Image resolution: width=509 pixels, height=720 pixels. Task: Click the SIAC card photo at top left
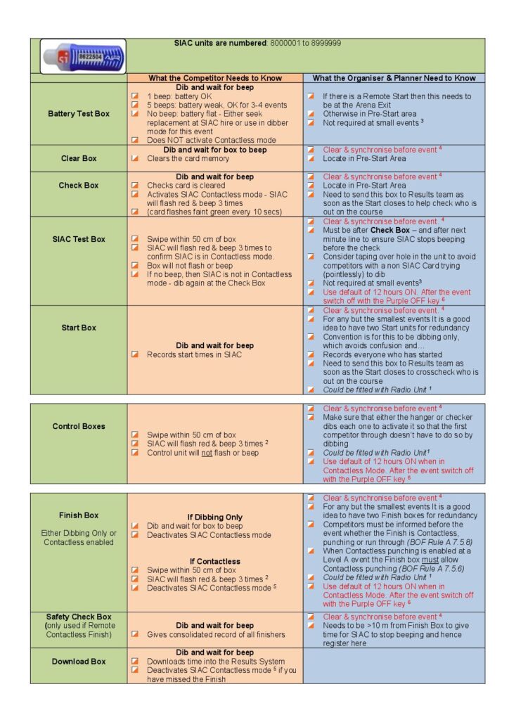pos(83,56)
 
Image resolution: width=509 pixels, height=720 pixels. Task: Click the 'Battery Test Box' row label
pos(79,113)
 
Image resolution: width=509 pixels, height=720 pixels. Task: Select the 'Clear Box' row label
pos(79,158)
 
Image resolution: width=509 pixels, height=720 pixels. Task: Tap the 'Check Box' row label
pos(79,186)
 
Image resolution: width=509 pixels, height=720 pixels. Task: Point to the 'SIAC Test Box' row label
pos(79,239)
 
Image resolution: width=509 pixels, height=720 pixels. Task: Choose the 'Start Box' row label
pos(79,328)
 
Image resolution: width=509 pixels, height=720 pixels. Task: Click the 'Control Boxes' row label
pos(79,426)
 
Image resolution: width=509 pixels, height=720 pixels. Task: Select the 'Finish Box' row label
pos(79,515)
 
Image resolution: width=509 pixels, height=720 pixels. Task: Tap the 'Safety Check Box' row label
pos(79,617)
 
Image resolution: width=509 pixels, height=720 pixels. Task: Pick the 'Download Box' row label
pos(79,662)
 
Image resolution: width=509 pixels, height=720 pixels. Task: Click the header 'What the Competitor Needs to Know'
pos(214,78)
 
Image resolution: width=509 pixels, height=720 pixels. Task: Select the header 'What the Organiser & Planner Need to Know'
pos(394,78)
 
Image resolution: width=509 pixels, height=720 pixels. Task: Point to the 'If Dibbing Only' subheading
pos(214,517)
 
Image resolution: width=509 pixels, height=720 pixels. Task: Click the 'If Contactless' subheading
pos(214,561)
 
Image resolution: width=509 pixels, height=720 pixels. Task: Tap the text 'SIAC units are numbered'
pos(220,43)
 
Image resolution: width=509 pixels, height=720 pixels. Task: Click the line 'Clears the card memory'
pos(188,159)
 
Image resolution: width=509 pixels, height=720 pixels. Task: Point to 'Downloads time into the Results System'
pos(216,662)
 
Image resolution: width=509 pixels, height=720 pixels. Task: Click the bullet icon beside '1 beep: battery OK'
pos(135,96)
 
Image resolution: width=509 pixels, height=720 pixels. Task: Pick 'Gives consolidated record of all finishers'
pos(216,635)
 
